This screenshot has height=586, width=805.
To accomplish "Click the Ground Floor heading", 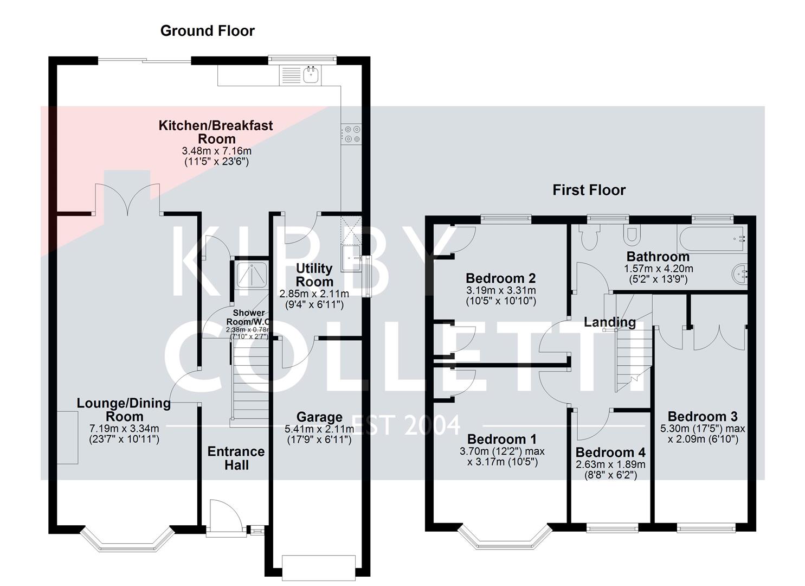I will click(x=207, y=31).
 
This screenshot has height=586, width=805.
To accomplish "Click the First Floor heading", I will click(x=589, y=190).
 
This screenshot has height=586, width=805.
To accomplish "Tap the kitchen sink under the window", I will click(x=311, y=75).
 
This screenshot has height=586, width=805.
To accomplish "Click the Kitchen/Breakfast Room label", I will click(x=215, y=132).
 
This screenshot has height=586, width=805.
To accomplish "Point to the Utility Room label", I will click(x=314, y=275).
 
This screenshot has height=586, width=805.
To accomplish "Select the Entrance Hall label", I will click(x=236, y=458).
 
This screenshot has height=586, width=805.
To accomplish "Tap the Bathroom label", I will click(x=658, y=256).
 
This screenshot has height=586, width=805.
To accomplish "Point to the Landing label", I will click(x=609, y=322).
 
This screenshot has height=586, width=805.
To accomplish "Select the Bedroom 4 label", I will click(x=610, y=452).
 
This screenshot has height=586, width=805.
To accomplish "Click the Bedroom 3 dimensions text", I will click(x=702, y=434).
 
